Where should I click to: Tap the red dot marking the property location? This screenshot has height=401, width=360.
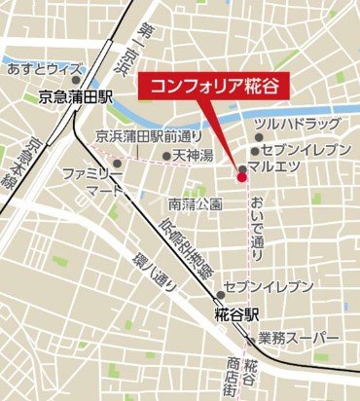241,175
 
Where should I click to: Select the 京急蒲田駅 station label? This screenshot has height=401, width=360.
77,97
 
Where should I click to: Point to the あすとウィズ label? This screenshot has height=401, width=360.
42,70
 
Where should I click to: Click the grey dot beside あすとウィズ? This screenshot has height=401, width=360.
90,70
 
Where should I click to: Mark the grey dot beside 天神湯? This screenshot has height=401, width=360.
166,155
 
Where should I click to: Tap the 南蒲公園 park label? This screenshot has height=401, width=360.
195,204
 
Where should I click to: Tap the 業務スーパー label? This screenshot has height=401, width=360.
299,338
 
